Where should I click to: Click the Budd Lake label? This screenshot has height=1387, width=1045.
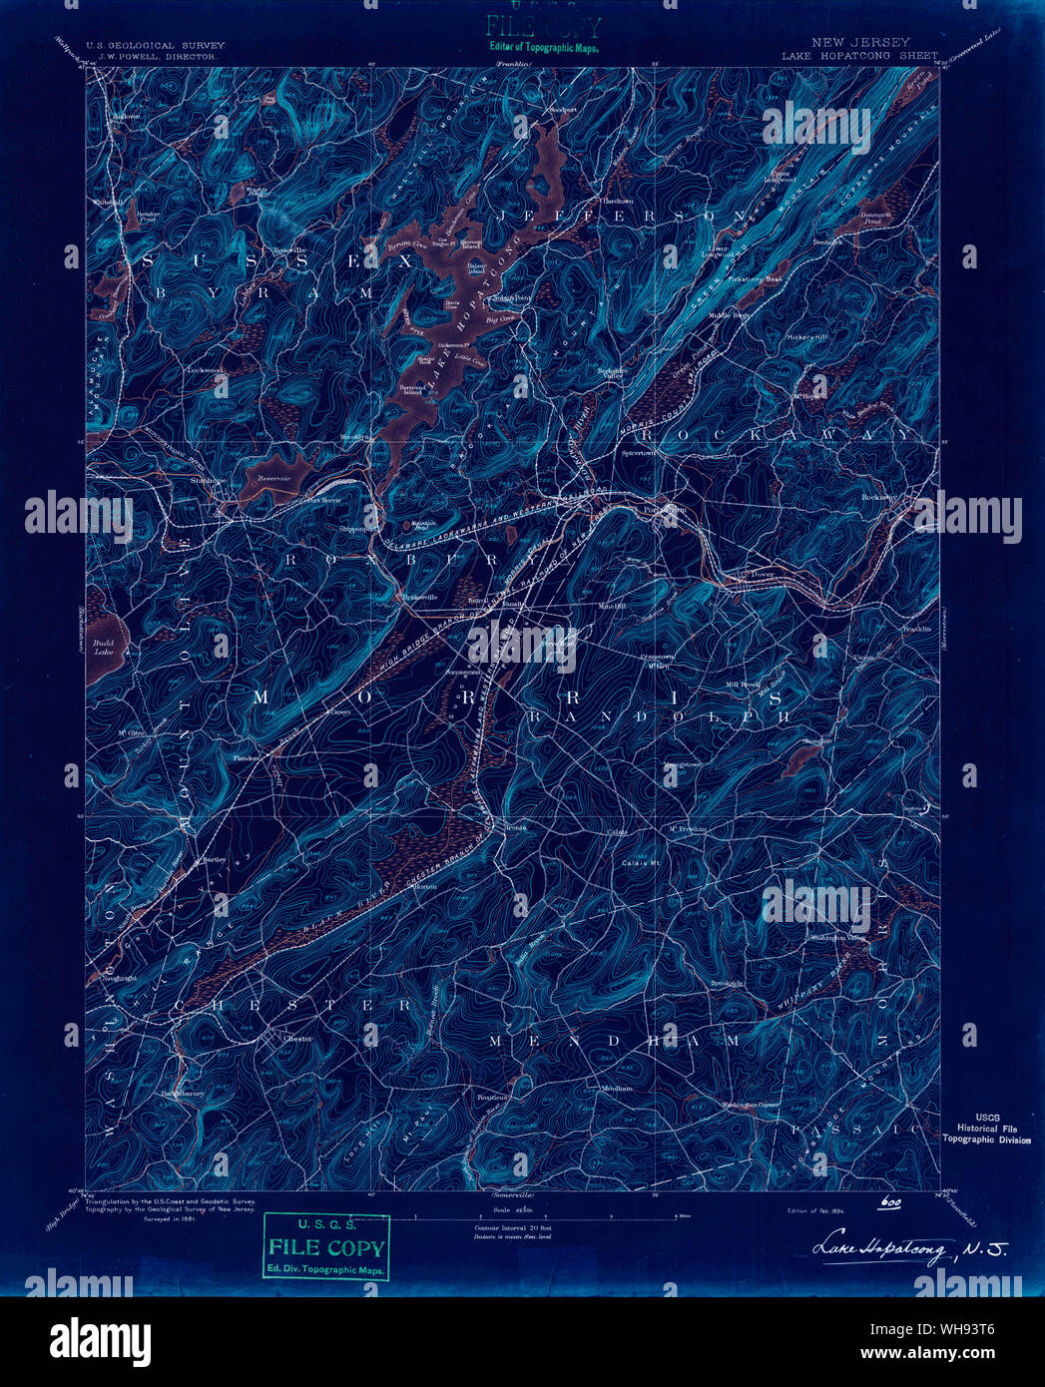103,649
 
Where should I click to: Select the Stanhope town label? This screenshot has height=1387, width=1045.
209,480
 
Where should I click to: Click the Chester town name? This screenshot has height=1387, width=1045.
297,1039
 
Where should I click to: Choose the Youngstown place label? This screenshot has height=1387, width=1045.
683,765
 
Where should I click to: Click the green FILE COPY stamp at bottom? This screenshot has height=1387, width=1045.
325,1247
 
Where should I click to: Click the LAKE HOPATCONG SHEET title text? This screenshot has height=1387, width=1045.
859,56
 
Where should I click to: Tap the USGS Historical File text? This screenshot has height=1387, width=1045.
986,1129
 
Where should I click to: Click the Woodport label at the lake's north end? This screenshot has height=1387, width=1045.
560,109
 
